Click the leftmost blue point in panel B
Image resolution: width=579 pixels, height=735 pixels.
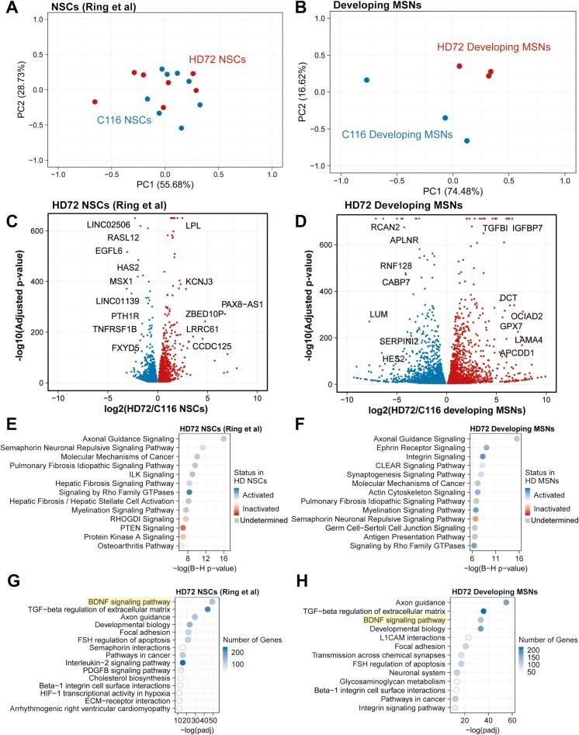coord(366,80)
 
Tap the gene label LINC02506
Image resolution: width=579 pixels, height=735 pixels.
coord(113,224)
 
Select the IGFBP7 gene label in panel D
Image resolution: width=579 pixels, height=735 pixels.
coord(534,228)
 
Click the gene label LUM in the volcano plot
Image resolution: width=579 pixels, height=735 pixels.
coord(378,314)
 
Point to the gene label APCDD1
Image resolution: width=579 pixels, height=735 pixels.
coord(522,353)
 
